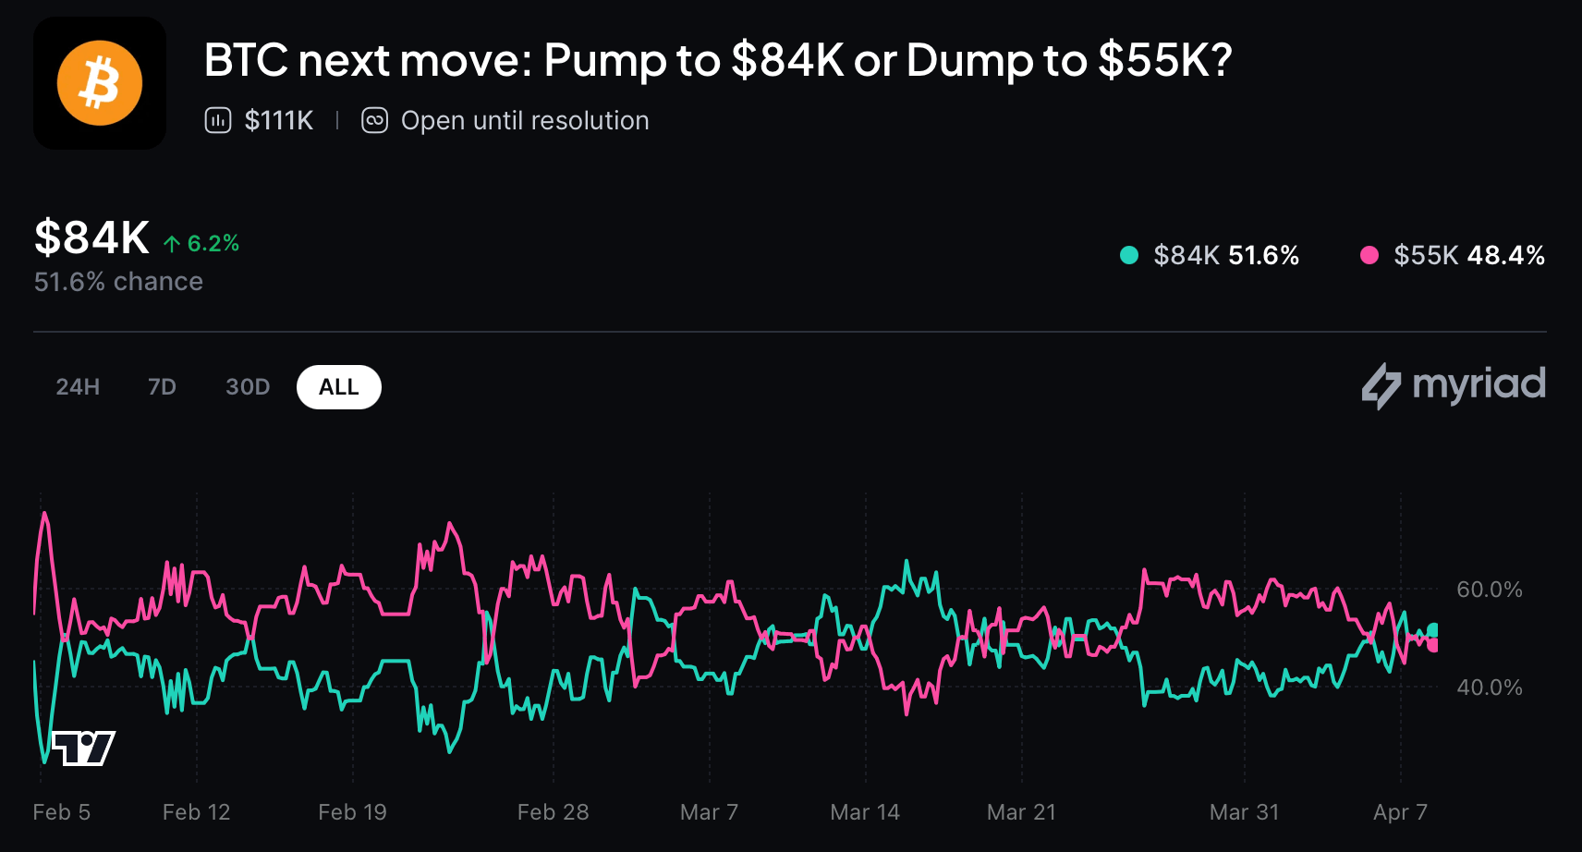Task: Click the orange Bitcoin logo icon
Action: [100, 83]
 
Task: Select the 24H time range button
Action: [78, 387]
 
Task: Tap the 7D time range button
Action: [162, 387]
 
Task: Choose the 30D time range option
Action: [248, 387]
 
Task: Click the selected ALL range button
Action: [338, 387]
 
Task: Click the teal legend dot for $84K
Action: [1128, 255]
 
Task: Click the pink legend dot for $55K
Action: [1369, 255]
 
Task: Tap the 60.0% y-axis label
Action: [1489, 590]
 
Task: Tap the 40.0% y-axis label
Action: [1489, 688]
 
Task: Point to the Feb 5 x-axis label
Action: [62, 812]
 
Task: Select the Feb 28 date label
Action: [553, 812]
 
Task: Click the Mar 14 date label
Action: [865, 812]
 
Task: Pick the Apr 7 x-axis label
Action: [1400, 812]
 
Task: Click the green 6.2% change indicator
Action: [202, 243]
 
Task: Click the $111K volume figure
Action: [278, 121]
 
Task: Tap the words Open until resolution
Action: [524, 121]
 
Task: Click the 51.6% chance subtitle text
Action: [118, 282]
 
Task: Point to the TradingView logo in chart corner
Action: [83, 748]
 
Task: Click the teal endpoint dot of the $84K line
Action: [1432, 630]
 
